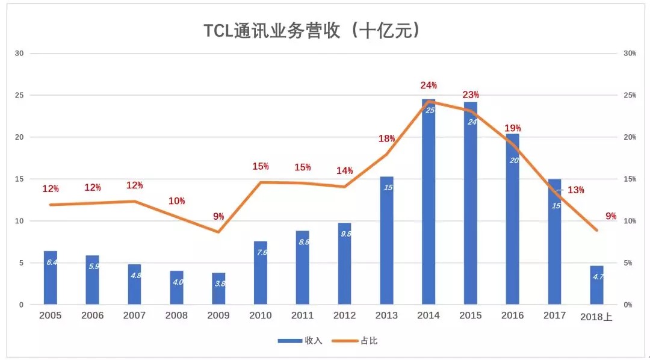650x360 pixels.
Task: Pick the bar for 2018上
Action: [596, 285]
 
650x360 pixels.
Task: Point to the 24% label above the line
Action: [429, 85]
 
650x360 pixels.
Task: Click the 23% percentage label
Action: [471, 95]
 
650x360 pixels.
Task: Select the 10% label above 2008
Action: [176, 201]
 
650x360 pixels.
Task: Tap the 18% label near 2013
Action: [386, 139]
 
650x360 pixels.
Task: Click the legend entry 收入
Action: [300, 341]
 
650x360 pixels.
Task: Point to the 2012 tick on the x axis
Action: [344, 315]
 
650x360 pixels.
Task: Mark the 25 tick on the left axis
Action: [19, 95]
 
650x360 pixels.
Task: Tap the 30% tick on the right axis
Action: [630, 54]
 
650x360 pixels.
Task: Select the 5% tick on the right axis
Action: [628, 263]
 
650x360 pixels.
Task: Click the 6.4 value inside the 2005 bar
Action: [51, 262]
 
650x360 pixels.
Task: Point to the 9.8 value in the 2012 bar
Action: [345, 234]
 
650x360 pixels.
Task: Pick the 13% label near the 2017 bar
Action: [576, 190]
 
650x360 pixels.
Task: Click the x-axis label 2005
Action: [50, 315]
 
